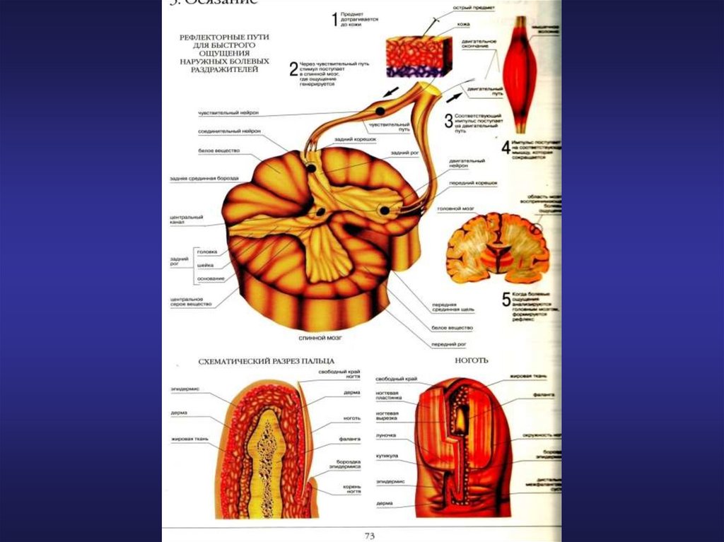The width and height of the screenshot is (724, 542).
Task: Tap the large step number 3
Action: [448, 121]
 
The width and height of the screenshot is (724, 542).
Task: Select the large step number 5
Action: [506, 300]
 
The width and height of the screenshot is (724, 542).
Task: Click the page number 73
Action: [368, 536]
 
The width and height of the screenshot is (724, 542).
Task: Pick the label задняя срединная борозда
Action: [204, 178]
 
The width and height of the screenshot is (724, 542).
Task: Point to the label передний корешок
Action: [473, 183]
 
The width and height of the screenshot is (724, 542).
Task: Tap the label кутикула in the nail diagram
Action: [387, 456]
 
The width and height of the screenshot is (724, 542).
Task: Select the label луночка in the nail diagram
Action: [386, 435]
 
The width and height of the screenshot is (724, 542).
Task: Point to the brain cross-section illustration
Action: [498, 248]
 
